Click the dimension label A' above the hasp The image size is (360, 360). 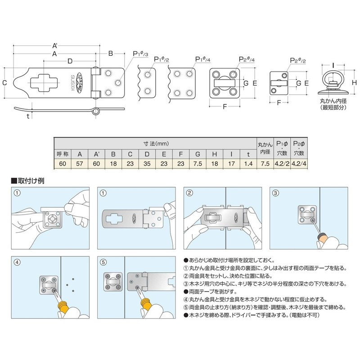pos(55,45)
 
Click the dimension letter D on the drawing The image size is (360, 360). pos(70,60)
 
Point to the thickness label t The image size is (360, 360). pos(27,116)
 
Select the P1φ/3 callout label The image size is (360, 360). pos(141,54)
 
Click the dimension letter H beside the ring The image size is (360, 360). pos(354,82)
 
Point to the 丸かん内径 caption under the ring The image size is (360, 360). pos(332,103)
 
